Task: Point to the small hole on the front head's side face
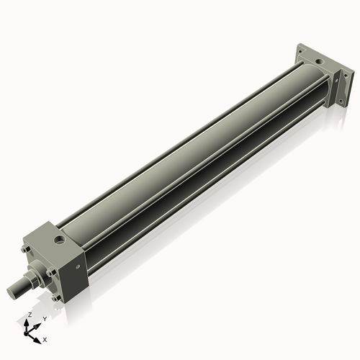click(x=74, y=267)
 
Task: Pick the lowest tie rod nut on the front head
click(x=54, y=297)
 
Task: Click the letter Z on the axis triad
click(x=30, y=315)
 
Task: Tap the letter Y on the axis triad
click(x=44, y=318)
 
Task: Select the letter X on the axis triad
click(x=45, y=338)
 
